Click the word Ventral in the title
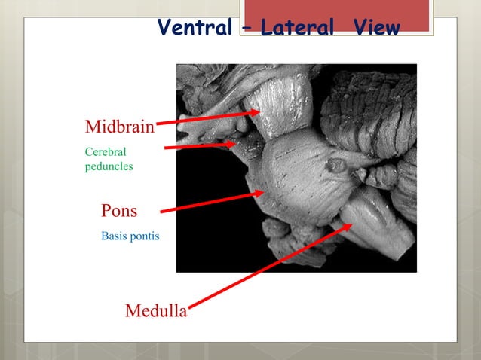(195, 29)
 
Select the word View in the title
(375, 29)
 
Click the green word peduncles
(109, 166)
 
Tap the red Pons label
(119, 209)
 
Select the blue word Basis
(115, 236)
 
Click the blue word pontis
(145, 236)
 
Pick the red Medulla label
(156, 310)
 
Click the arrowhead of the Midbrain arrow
(255, 114)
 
